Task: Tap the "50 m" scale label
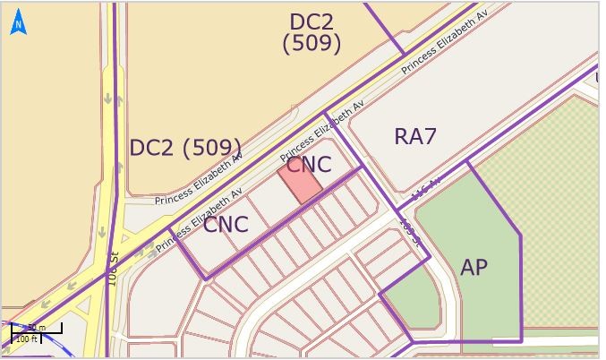point(36,328)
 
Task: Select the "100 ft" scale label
point(27,339)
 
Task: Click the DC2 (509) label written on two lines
point(312,32)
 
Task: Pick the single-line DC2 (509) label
point(185,148)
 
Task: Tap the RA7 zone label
point(415,137)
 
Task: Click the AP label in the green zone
point(474,267)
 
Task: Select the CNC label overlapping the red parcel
point(309,165)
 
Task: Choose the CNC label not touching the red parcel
point(225,225)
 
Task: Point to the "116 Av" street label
point(426,189)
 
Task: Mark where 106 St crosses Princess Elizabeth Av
point(112,249)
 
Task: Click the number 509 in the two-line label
point(312,43)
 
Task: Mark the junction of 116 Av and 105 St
point(397,211)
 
